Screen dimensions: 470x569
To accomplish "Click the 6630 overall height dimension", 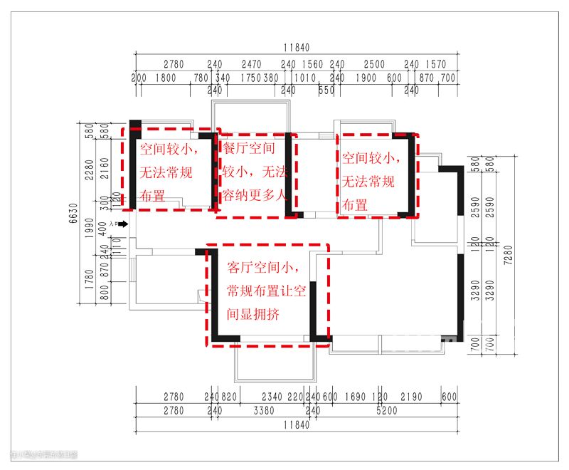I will [73, 212].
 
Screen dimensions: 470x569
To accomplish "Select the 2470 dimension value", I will [251, 64].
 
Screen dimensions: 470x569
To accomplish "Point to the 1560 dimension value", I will [313, 64].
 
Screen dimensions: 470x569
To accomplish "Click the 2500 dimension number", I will [375, 64].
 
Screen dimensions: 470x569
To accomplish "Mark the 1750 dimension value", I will [250, 78].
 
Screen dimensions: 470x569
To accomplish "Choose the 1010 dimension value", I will [304, 78].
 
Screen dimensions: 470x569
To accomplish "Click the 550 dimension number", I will [326, 90].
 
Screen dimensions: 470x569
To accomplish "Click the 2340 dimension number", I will [272, 397].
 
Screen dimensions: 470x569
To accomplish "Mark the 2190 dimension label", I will [411, 397].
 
